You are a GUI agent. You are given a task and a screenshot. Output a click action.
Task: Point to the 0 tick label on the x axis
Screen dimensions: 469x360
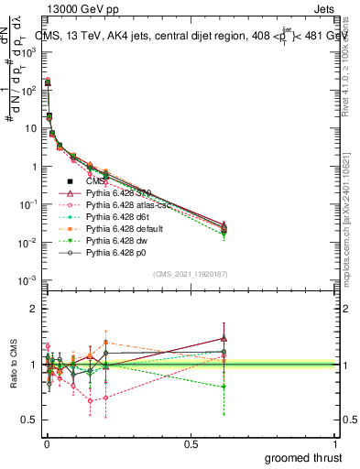46,442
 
